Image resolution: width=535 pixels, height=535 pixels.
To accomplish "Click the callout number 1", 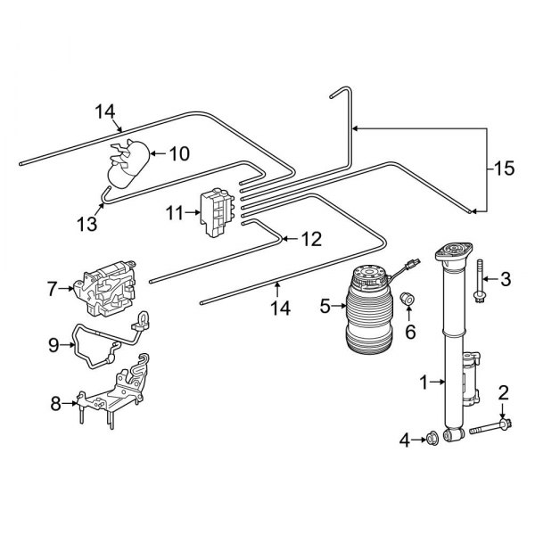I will pyautogui.click(x=424, y=383).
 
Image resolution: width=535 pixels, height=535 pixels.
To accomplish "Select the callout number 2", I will pyautogui.click(x=504, y=391).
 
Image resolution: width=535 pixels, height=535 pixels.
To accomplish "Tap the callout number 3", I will pyautogui.click(x=506, y=280).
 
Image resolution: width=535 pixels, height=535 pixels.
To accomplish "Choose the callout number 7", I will pyautogui.click(x=53, y=288).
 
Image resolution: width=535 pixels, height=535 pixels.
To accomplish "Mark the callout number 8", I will pyautogui.click(x=56, y=403).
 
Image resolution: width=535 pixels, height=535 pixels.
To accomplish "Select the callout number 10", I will pyautogui.click(x=179, y=153).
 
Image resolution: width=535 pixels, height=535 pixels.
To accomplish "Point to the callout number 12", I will pyautogui.click(x=309, y=239).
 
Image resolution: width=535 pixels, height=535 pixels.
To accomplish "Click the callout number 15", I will pyautogui.click(x=504, y=168).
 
